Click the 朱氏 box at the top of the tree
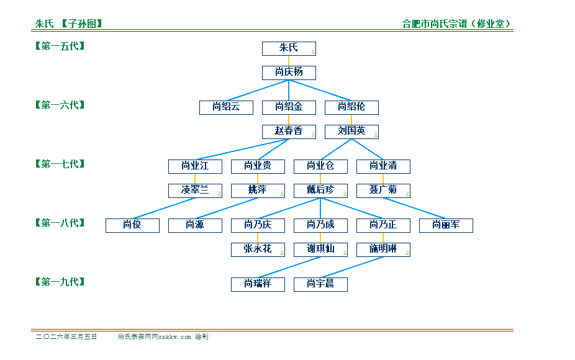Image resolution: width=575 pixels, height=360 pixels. tap(289, 48)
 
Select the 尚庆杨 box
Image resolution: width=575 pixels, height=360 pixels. tap(289, 73)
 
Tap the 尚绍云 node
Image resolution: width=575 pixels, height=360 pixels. tap(226, 107)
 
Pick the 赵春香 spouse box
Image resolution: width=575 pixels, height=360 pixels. tap(289, 132)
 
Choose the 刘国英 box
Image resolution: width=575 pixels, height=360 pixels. tap(351, 132)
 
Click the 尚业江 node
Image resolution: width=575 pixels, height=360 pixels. tap(195, 166)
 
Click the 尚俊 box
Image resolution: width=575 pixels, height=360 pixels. tap(132, 225)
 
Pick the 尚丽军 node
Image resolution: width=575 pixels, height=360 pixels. tap(446, 225)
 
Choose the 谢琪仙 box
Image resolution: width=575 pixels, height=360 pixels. tap(320, 250)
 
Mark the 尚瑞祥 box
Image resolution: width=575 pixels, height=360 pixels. tap(258, 284)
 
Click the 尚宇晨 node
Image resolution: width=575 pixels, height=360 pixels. tap(320, 284)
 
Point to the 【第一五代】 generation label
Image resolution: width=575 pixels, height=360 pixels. tap(60, 46)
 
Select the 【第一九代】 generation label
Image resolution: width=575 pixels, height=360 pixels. tap(60, 282)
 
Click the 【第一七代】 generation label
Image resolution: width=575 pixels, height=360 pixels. tap(60, 164)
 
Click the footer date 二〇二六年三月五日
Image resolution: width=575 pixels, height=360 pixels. tap(66, 336)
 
